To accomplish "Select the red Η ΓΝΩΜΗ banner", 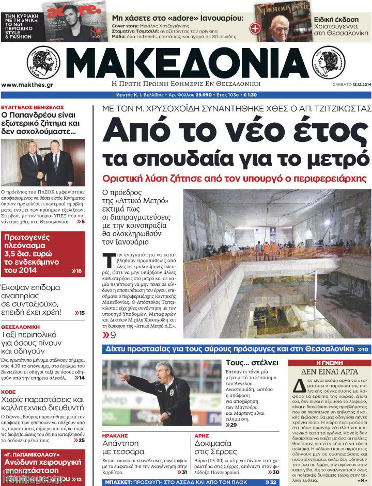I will (x=329, y=363).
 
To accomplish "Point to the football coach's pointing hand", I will (x=122, y=376).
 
